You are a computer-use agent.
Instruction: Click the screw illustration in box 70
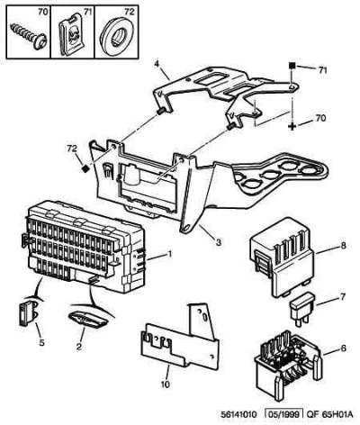tap(29, 37)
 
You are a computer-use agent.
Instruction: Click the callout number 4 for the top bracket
tap(157, 64)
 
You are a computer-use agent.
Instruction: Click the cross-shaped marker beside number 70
tap(292, 126)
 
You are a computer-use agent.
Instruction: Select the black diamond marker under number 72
tap(85, 168)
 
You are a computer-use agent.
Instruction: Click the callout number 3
tap(219, 242)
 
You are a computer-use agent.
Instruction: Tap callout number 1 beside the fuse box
tap(170, 255)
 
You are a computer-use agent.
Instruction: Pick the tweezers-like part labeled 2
tap(88, 320)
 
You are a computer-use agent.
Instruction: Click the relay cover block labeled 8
tap(282, 258)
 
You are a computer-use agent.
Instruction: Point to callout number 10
tap(165, 384)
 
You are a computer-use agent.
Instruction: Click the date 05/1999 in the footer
tap(284, 415)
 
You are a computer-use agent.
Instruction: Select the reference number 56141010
tap(239, 415)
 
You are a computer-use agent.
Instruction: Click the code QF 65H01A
tap(328, 415)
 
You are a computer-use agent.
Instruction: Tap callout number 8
tap(343, 246)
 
